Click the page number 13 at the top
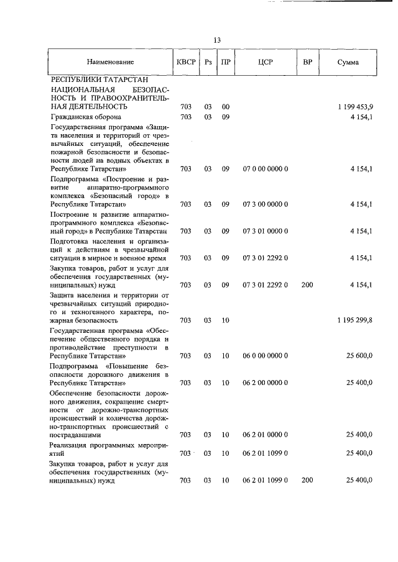pos(217,40)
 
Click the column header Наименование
pos(110,62)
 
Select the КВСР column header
pos(185,62)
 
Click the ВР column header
pos(307,62)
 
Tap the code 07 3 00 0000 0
pos(265,204)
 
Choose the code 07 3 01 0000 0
pos(265,231)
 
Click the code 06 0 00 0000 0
pos(265,356)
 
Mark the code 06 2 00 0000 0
pos(265,383)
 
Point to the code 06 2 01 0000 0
pos(265,435)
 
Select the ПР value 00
pos(226,107)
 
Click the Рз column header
pos(208,62)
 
